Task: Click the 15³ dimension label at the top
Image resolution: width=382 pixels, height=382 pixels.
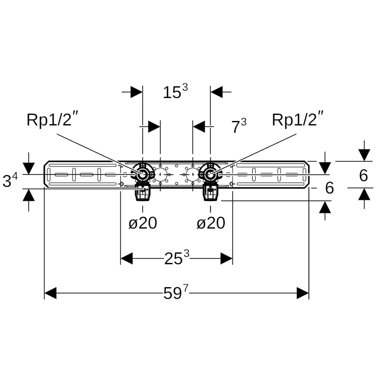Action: pos(175,92)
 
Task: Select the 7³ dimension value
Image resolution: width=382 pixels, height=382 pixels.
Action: pos(239,126)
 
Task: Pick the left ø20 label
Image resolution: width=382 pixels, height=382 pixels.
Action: pos(143,223)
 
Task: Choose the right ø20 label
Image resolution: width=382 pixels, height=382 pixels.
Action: pos(211,223)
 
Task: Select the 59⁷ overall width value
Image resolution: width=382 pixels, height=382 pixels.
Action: pos(176,293)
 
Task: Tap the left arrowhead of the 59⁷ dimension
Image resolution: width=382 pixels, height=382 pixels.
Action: pos(51,293)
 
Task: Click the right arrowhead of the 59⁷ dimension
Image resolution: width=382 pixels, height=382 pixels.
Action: pos(302,293)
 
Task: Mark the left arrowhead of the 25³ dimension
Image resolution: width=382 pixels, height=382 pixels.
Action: pos(127,259)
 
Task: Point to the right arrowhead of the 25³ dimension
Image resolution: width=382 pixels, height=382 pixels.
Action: pos(226,259)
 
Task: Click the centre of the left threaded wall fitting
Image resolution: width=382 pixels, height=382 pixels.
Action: pos(143,174)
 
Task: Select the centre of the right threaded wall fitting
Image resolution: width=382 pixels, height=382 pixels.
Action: pos(210,174)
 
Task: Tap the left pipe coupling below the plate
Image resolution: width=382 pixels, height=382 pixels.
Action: pos(143,193)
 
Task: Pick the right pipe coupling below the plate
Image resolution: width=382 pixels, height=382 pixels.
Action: pos(210,193)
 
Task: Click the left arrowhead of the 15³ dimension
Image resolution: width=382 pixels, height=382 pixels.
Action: pos(136,92)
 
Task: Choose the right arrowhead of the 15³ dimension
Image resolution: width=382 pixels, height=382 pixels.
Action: pos(216,92)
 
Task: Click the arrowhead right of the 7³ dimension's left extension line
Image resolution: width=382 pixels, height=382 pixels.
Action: pos(154,126)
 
